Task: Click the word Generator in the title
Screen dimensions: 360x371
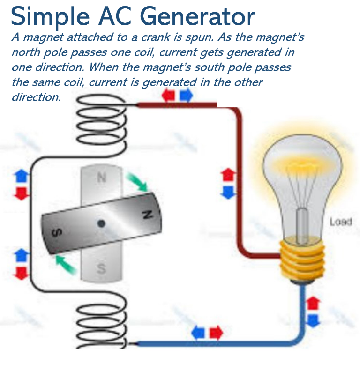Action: click(x=198, y=16)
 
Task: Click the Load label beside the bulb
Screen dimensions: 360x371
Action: click(x=341, y=222)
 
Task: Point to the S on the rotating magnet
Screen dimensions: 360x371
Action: click(x=57, y=233)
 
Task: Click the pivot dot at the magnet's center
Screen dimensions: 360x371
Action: click(x=101, y=223)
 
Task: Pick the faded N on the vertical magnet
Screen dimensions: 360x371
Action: click(x=102, y=178)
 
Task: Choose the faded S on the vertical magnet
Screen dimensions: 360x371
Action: click(x=101, y=268)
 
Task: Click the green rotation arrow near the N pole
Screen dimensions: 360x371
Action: click(x=137, y=182)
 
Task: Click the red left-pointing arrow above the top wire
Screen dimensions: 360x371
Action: click(x=168, y=96)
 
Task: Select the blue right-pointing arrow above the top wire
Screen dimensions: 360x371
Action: click(x=186, y=95)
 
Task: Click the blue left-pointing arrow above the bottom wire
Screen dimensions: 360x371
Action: click(x=198, y=332)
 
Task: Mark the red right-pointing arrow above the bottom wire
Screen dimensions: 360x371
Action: click(x=216, y=332)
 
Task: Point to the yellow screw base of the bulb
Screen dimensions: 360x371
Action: click(x=302, y=259)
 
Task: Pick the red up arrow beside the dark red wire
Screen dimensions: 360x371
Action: click(x=228, y=175)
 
